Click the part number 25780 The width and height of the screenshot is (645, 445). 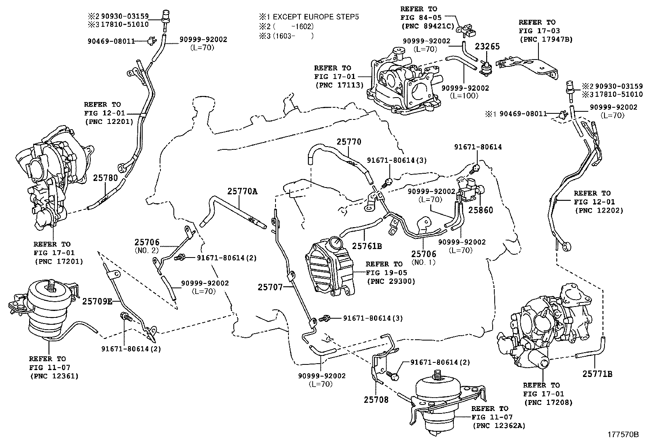[x=105, y=178]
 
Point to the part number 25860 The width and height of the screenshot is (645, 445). [x=481, y=210]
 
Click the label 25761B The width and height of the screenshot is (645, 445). [x=367, y=245]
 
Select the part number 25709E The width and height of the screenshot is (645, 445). [x=97, y=301]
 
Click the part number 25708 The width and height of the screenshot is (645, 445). [x=376, y=400]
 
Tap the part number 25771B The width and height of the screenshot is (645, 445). [x=598, y=374]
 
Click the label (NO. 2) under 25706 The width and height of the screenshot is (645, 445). [x=147, y=251]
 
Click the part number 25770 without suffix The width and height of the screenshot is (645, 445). [x=348, y=142]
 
